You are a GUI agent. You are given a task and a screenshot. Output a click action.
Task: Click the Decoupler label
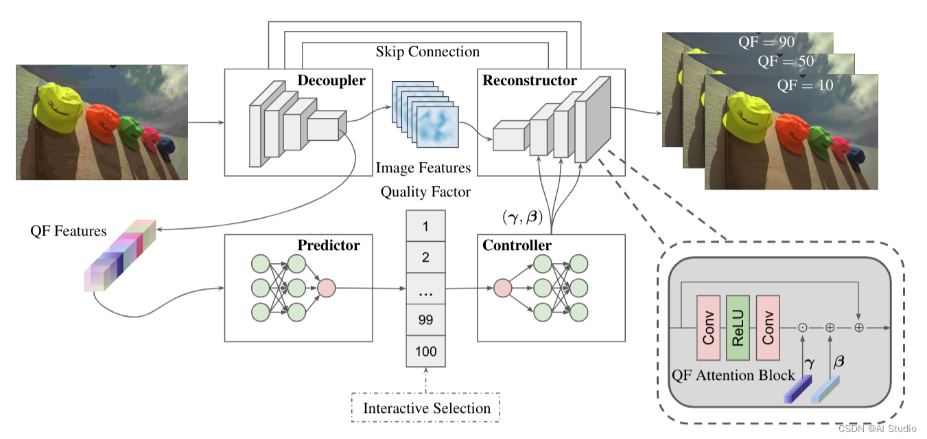[331, 80]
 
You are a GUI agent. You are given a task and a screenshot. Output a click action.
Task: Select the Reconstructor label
[530, 80]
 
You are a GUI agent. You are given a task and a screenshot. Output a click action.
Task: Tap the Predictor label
[328, 245]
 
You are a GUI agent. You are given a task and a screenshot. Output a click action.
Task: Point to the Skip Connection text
[427, 52]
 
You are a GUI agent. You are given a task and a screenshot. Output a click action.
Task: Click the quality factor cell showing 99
[425, 320]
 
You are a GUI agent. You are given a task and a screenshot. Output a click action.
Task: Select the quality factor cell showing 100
[425, 352]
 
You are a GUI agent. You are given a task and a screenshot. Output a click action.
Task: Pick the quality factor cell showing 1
[425, 226]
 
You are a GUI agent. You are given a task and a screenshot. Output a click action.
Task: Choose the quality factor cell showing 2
[425, 258]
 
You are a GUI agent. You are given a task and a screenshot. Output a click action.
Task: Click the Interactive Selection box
[426, 408]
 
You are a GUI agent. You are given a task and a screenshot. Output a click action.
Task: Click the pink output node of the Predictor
[326, 288]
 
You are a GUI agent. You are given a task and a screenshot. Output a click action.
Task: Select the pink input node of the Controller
[502, 288]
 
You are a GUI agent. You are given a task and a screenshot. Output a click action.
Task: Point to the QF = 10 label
[805, 86]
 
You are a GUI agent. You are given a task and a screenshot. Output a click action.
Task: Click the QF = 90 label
[766, 43]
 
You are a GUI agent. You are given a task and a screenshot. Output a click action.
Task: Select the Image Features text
[423, 168]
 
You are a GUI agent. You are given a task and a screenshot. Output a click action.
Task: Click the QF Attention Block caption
[732, 375]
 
